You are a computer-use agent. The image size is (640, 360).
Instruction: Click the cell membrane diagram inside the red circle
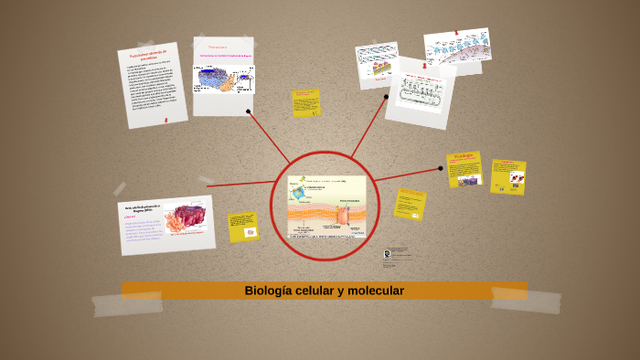[x=326, y=206]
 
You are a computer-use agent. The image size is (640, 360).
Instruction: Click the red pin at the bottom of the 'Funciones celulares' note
[x=165, y=119]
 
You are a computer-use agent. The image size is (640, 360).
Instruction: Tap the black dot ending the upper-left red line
[x=249, y=111]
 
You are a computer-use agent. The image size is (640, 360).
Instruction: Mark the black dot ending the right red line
[x=440, y=168]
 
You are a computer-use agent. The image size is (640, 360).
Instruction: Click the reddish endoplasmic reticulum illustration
[x=190, y=217]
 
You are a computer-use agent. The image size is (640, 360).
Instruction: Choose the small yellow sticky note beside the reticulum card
[x=243, y=228]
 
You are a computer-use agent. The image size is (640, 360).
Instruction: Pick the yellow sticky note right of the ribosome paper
[x=306, y=102]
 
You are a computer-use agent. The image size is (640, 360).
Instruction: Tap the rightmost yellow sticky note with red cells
[x=508, y=177]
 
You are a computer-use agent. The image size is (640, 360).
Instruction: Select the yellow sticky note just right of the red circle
[x=410, y=204]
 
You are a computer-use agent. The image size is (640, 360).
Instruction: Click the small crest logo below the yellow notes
[x=388, y=254]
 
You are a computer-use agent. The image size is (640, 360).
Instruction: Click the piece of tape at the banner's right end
[x=525, y=299]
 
